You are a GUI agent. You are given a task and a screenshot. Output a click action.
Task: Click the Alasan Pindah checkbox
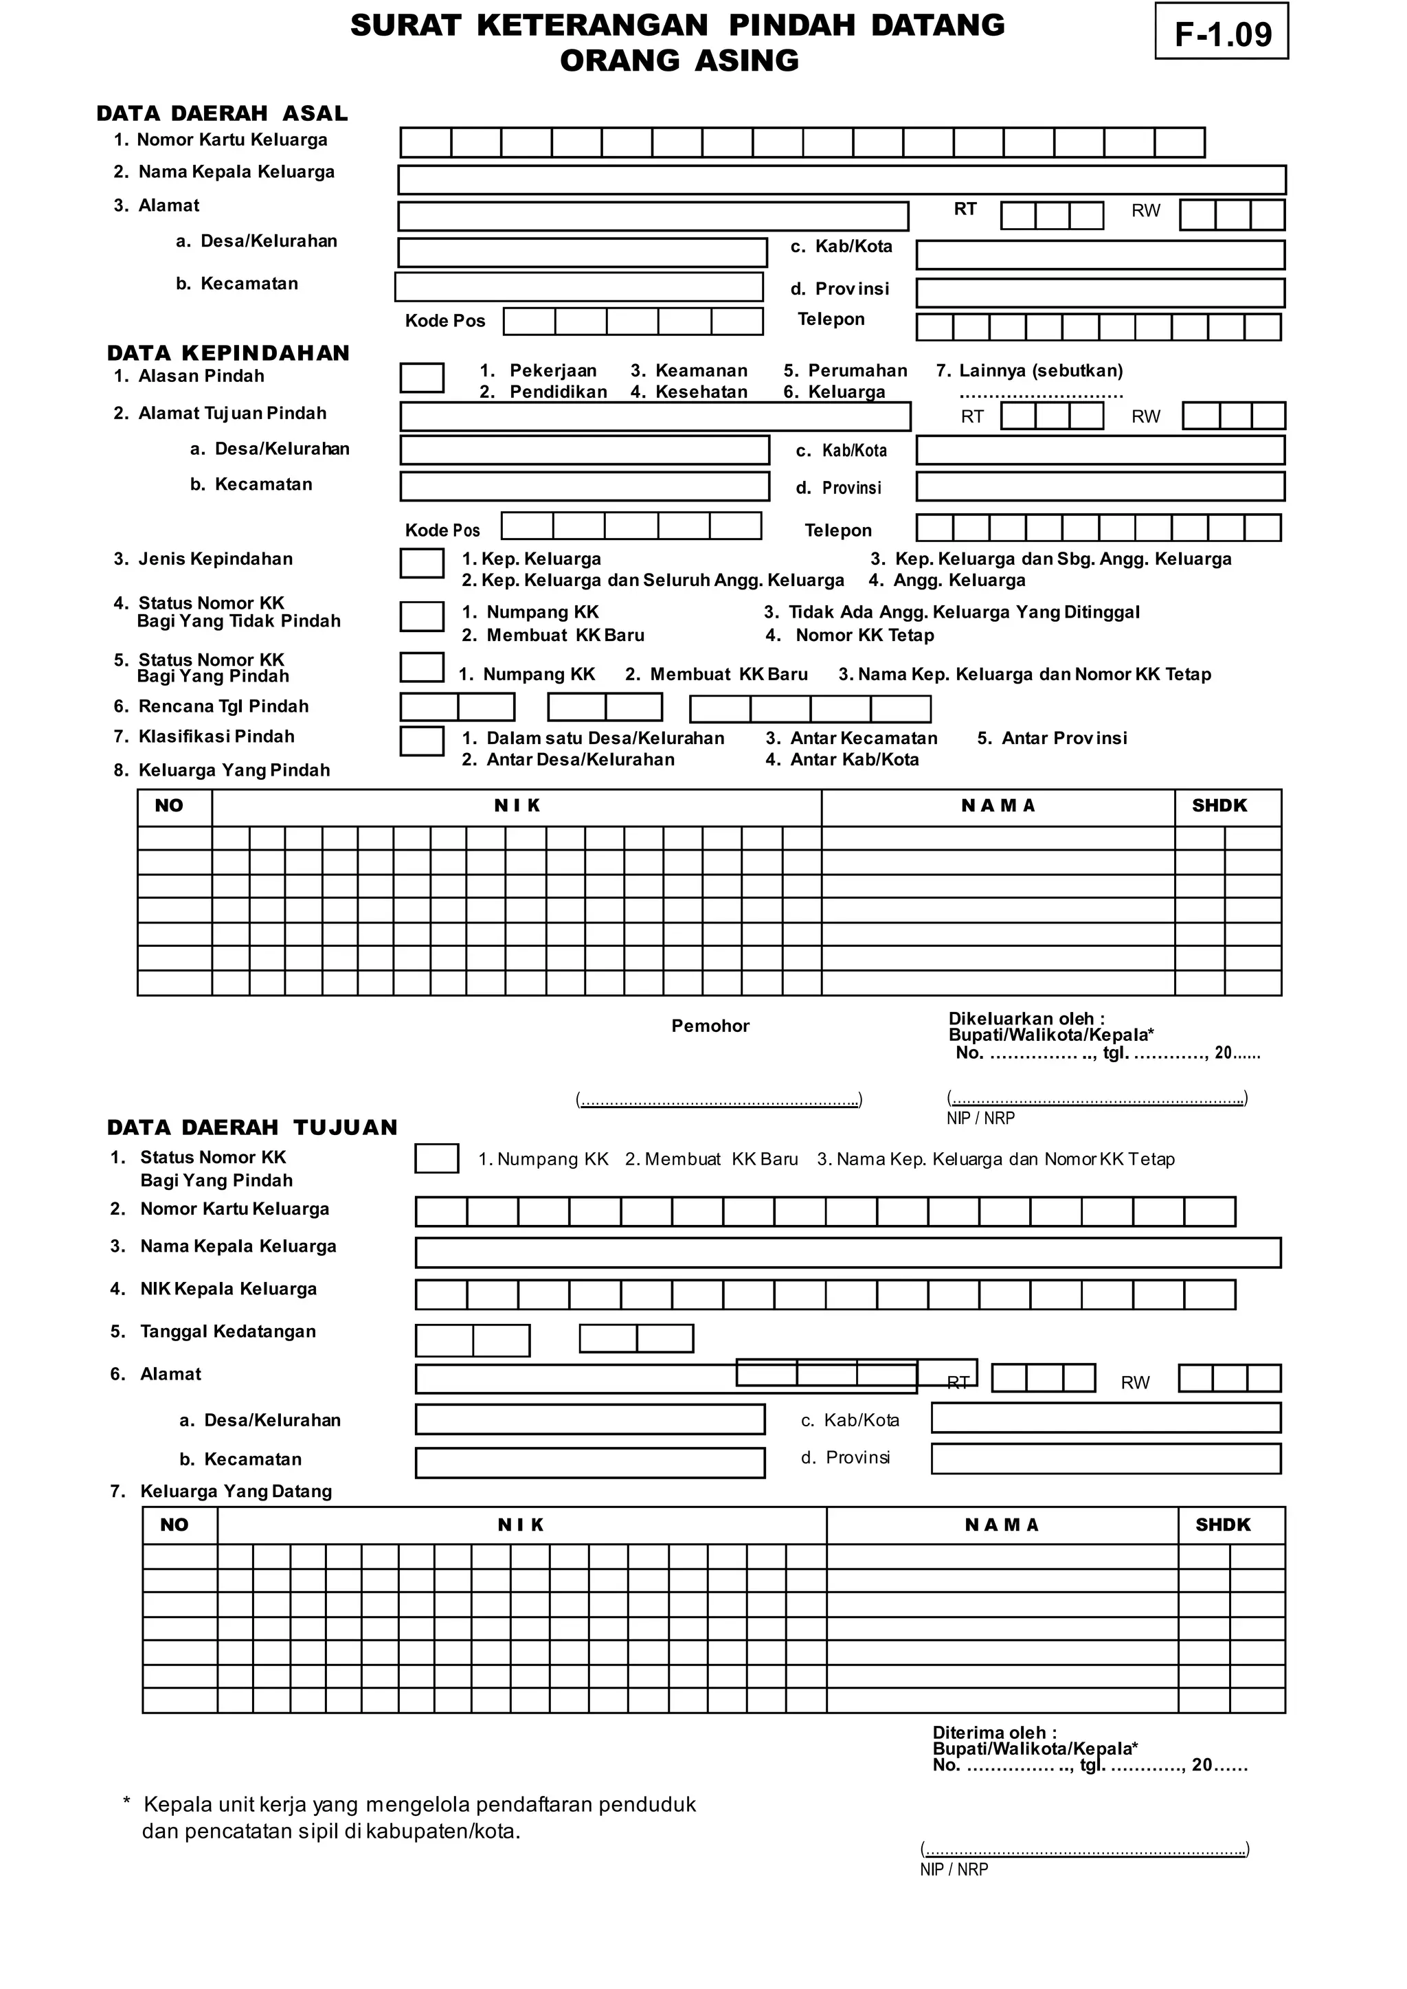click(x=421, y=378)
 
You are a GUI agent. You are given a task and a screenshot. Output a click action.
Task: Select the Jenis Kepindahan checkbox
click(x=421, y=563)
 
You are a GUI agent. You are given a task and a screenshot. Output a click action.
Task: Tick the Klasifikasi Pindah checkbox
click(x=421, y=741)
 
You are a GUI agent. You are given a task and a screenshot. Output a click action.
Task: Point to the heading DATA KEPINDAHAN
click(x=228, y=352)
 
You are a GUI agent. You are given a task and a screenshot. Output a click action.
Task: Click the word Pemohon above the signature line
click(x=710, y=1026)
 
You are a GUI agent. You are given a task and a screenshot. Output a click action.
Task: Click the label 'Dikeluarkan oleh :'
click(x=1026, y=1019)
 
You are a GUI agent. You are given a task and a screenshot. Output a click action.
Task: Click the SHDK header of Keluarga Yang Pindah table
click(x=1218, y=806)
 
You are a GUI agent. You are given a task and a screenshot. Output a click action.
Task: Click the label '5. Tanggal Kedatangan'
click(x=213, y=1331)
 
